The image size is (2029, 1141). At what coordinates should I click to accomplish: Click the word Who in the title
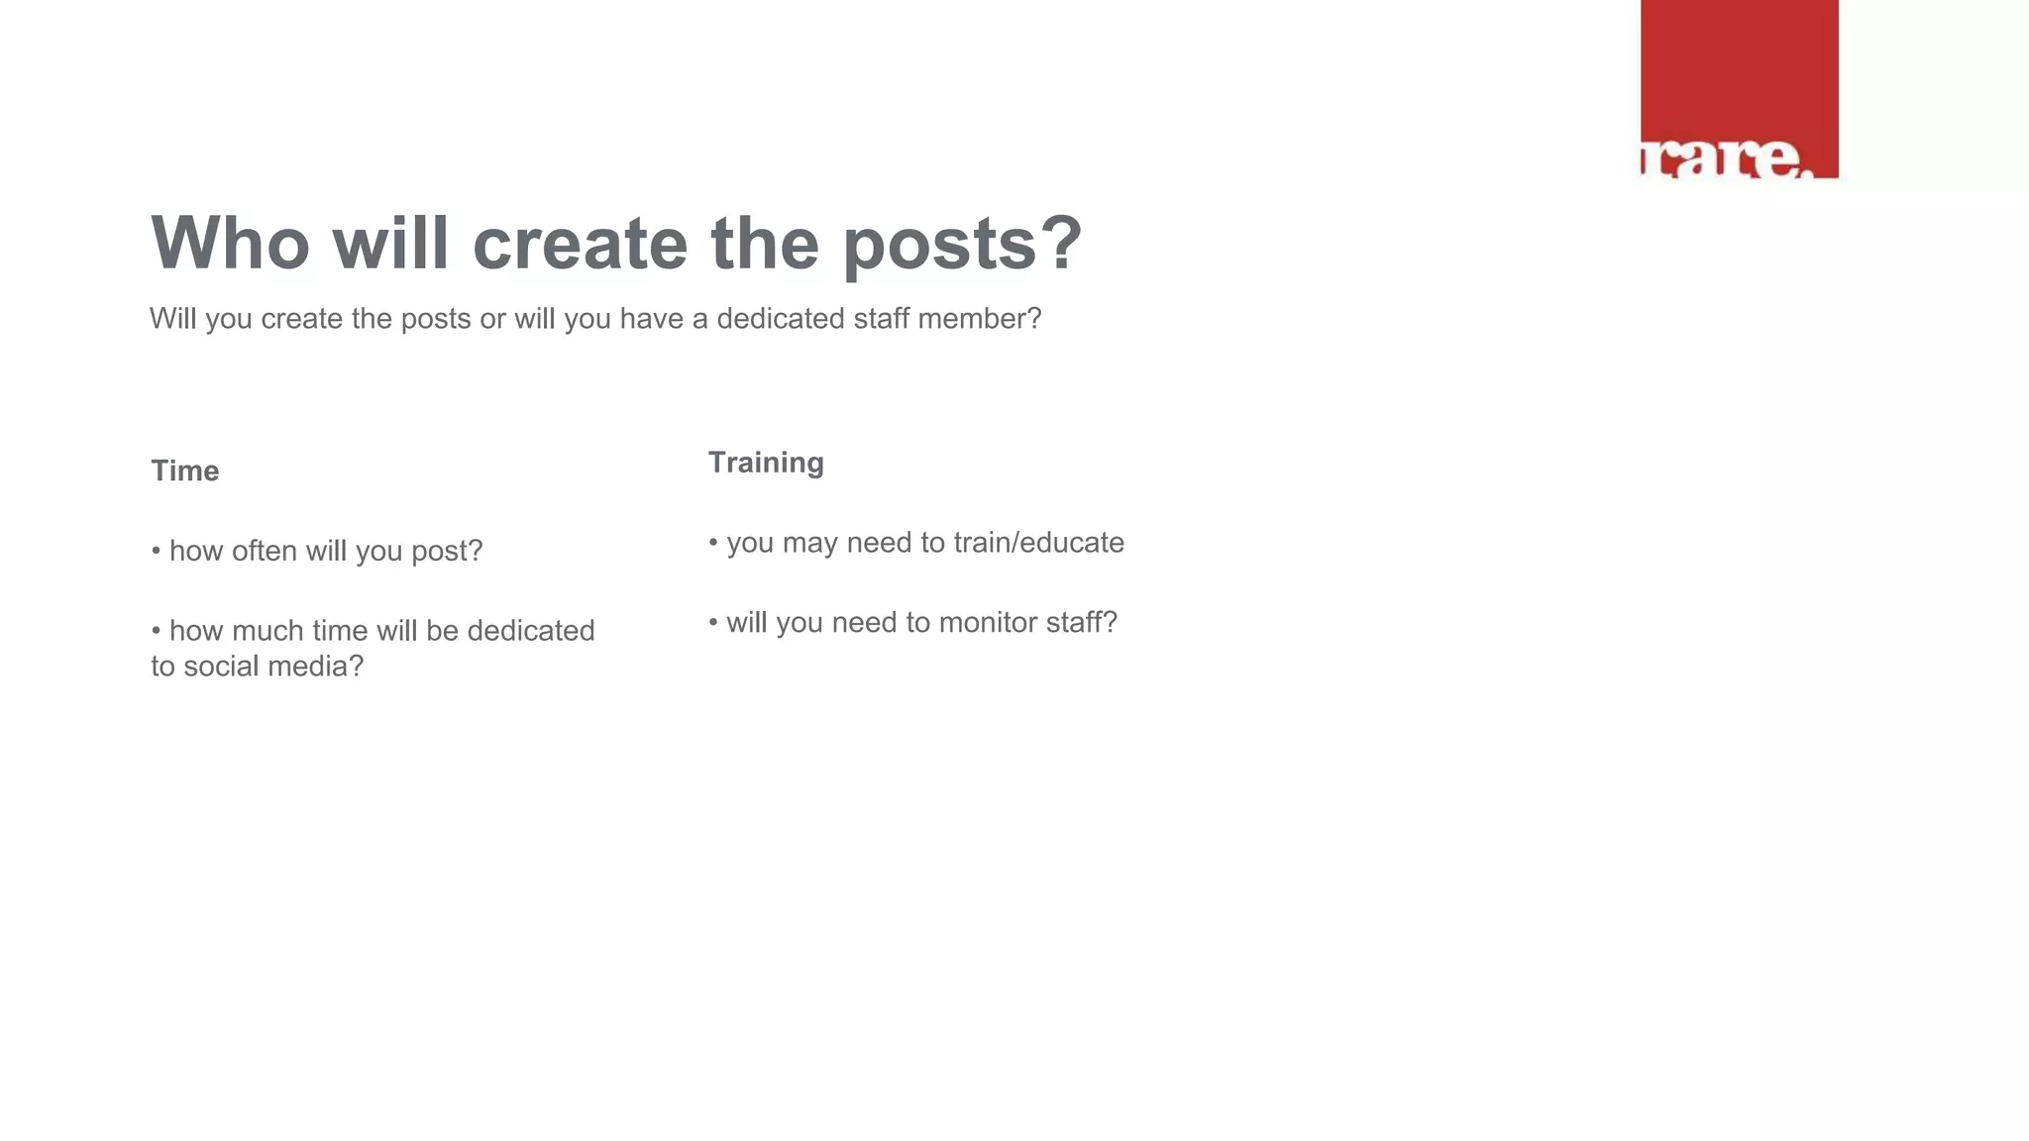click(x=230, y=243)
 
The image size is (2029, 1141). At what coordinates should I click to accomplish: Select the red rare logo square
click(x=1739, y=89)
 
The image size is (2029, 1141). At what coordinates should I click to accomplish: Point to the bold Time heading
click(x=185, y=470)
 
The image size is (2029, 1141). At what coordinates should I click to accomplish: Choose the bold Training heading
click(x=766, y=463)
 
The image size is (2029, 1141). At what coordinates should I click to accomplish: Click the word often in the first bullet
click(x=264, y=551)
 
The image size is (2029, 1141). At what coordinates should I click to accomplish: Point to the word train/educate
click(x=1038, y=543)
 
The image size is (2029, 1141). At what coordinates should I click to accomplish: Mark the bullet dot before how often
click(x=157, y=551)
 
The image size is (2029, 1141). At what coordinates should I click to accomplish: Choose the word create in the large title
click(x=580, y=243)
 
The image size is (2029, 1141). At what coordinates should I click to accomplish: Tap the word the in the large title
click(x=765, y=243)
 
